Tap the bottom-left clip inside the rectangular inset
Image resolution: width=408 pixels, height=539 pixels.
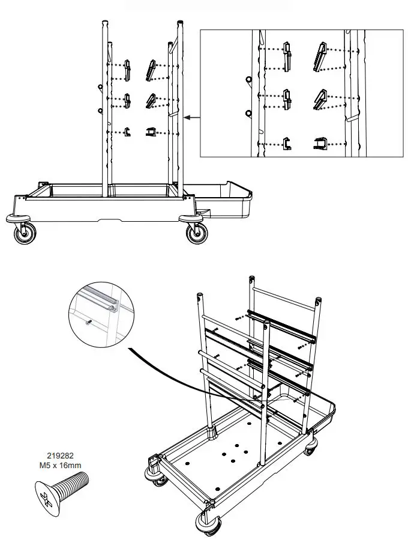pyautogui.click(x=287, y=143)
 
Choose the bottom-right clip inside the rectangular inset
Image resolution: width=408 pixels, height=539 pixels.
pyautogui.click(x=320, y=144)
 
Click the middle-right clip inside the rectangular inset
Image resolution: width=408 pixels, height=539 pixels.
pyautogui.click(x=319, y=99)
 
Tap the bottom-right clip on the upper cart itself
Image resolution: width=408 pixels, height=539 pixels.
pyautogui.click(x=150, y=132)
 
